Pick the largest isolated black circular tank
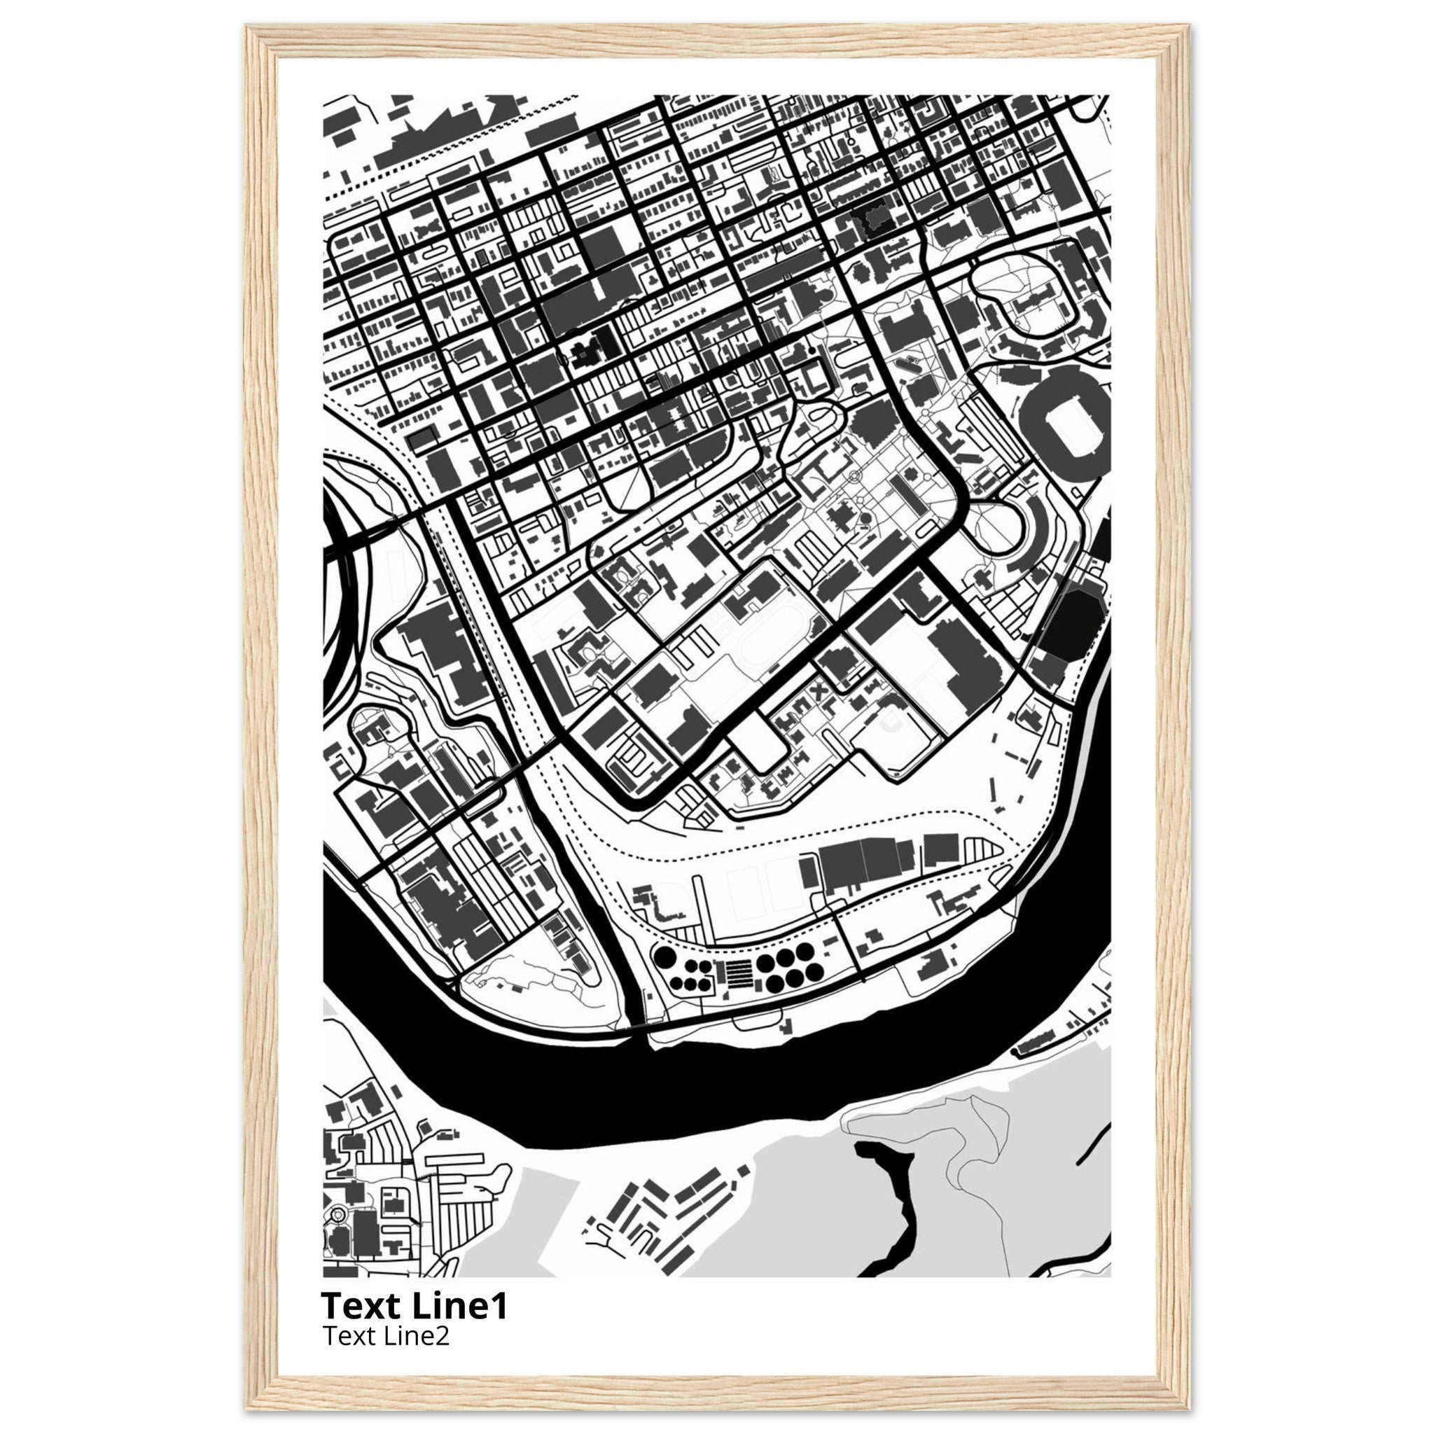tap(666, 959)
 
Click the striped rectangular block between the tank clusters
tap(734, 972)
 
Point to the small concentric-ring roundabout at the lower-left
tap(338, 1236)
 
